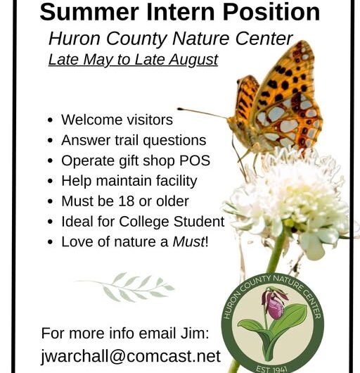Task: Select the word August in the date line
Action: [192, 60]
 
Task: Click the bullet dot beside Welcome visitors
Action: [51, 120]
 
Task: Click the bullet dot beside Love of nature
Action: [51, 242]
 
